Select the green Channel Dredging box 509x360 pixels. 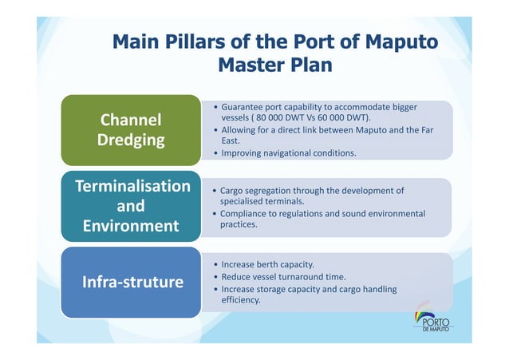(x=130, y=129)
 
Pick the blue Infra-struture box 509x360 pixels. (x=130, y=282)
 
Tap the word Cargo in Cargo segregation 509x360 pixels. (x=232, y=191)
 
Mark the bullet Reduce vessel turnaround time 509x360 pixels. (x=283, y=276)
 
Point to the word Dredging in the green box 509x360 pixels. (x=130, y=140)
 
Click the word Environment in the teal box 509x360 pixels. (x=130, y=226)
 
